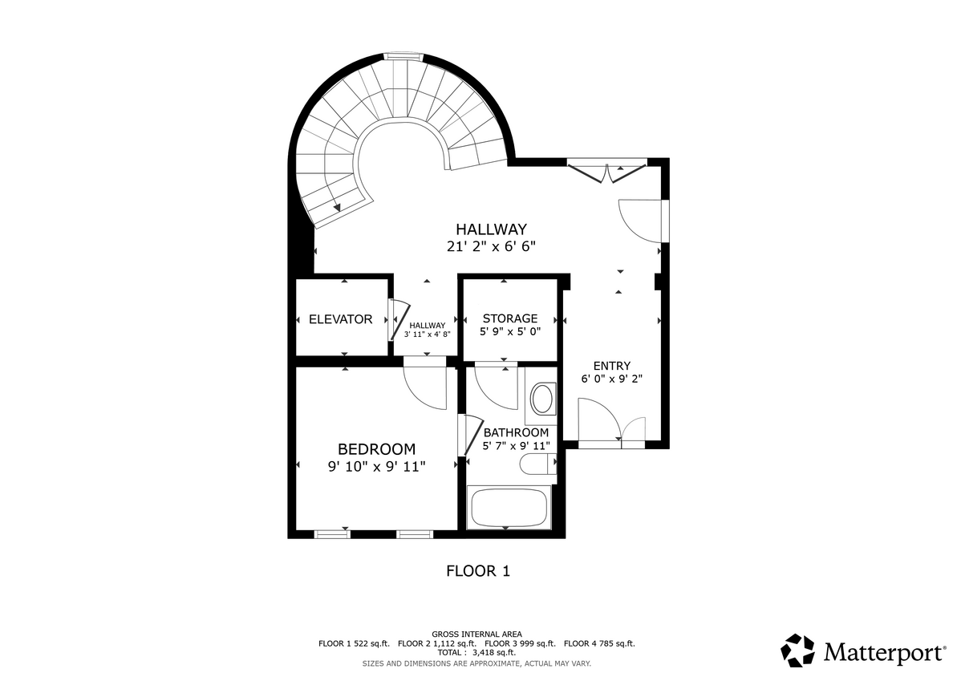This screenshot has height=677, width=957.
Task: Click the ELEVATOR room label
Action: click(340, 319)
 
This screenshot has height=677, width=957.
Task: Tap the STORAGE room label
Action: click(509, 318)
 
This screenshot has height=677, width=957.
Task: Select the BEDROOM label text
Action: click(376, 449)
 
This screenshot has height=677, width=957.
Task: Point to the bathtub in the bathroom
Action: click(508, 507)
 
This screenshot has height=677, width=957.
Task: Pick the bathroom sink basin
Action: click(543, 399)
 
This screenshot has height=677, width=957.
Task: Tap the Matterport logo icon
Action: click(798, 651)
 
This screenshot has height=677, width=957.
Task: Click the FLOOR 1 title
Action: click(478, 571)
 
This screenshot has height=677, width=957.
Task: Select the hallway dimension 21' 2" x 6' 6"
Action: click(491, 247)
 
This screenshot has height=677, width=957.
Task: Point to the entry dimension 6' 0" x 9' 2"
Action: click(611, 379)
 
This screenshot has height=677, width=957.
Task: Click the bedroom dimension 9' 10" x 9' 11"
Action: click(376, 466)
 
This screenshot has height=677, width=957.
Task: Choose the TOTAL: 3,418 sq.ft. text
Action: click(477, 653)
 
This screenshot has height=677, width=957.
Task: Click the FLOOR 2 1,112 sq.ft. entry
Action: click(436, 643)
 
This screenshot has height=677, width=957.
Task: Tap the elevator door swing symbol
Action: click(398, 319)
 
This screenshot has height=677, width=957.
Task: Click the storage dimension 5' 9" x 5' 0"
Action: click(509, 331)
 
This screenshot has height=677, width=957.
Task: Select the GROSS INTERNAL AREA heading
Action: click(477, 634)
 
